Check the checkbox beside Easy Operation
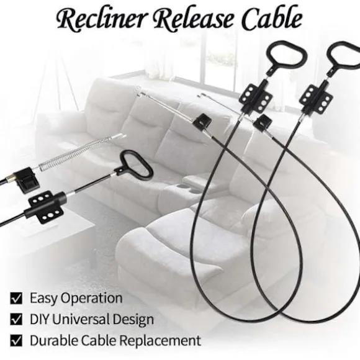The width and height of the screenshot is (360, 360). (x=16, y=299)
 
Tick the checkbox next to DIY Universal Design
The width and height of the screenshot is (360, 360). (x=16, y=320)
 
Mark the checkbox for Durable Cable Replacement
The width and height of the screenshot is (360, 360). (x=16, y=341)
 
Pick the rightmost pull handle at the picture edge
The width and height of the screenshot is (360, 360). (x=344, y=58)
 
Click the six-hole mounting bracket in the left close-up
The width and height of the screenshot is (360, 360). (x=46, y=207)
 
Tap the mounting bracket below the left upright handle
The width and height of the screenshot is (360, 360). (x=255, y=97)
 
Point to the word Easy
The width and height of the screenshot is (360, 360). (x=43, y=299)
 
